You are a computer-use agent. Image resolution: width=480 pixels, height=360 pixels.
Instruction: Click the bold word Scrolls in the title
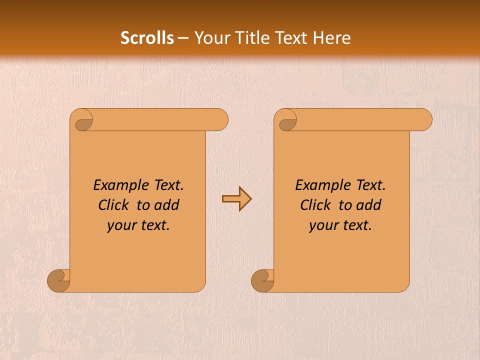147,38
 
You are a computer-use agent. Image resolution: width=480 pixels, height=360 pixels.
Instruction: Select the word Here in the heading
331,38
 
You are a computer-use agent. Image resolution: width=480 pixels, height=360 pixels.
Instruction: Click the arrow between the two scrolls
236,198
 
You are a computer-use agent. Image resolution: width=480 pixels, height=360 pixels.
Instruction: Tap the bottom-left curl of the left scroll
59,280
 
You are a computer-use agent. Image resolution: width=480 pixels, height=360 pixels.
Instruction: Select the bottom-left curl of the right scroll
262,280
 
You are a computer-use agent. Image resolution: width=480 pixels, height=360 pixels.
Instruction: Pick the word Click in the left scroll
113,205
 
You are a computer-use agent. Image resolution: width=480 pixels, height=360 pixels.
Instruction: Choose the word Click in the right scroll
315,205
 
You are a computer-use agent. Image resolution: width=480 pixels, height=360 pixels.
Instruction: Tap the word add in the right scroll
369,205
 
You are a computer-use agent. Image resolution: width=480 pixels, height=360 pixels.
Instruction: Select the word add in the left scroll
167,205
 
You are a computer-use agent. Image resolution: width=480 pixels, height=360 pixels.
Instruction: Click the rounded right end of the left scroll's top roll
220,120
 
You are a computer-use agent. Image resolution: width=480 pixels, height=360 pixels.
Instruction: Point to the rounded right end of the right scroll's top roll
424,120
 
